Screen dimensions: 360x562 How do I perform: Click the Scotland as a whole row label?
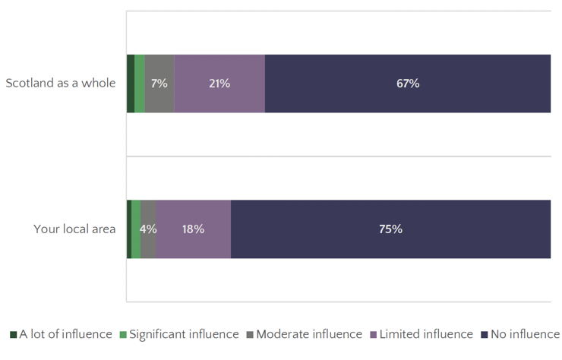61,83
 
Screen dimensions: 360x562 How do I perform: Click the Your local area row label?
74,229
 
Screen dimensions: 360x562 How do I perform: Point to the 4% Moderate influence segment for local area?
148,243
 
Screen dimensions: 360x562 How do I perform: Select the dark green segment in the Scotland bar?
131,84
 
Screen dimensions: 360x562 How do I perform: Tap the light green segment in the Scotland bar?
140,84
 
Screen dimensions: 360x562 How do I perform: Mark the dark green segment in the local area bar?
129,229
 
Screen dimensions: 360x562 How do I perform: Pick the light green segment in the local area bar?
136,229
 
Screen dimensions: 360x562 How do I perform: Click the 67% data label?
408,84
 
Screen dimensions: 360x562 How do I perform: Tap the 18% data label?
193,229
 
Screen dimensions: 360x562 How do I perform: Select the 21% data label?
219,84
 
